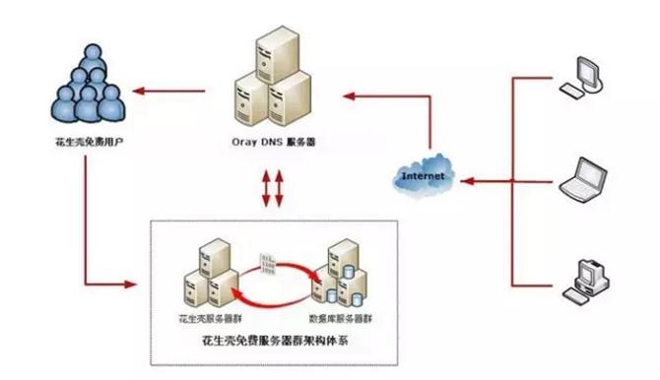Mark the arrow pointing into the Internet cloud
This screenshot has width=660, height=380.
pos(488,180)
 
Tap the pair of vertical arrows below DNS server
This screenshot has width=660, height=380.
pos(271,188)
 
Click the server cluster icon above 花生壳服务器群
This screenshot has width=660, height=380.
pos(209,274)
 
